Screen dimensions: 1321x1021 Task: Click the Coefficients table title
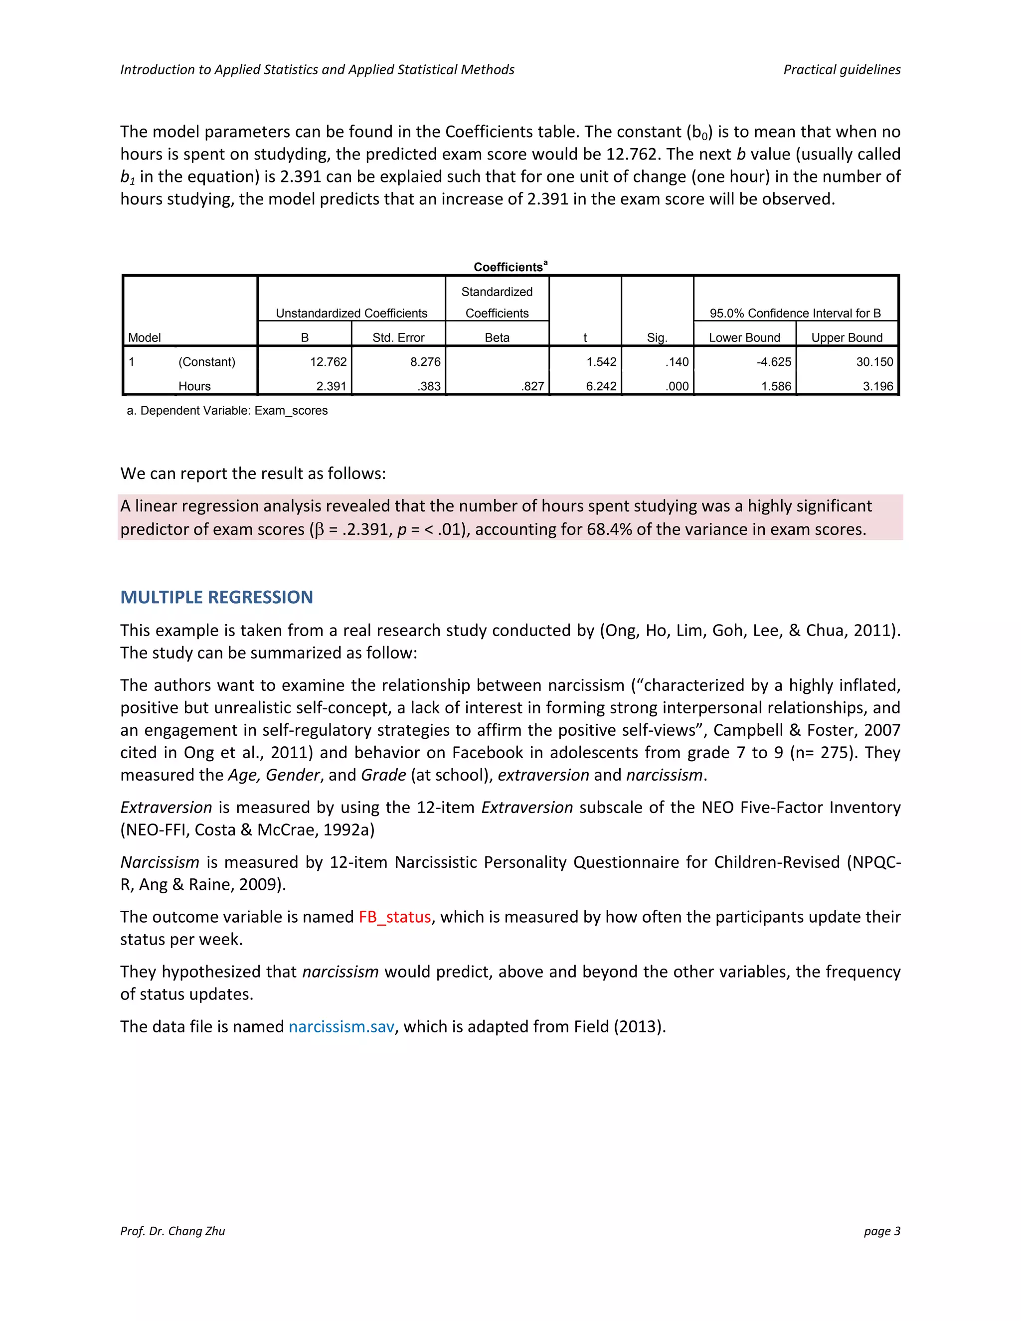point(510,267)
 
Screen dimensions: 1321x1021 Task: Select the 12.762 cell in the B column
point(328,362)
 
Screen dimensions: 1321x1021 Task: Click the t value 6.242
point(601,386)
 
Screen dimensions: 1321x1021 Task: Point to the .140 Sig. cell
point(677,362)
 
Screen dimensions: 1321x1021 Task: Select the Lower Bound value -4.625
point(774,362)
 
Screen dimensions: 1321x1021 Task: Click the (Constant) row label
point(206,362)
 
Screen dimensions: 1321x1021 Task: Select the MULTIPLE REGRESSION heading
point(216,597)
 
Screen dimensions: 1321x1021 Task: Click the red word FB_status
point(394,917)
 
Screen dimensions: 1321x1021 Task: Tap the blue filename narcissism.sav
point(341,1026)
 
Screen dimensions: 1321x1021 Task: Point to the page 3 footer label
point(881,1231)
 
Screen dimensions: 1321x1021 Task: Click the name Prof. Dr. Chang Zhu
point(172,1231)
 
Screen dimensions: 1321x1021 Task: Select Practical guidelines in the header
point(842,70)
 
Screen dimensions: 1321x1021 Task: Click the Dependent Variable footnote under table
point(227,411)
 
